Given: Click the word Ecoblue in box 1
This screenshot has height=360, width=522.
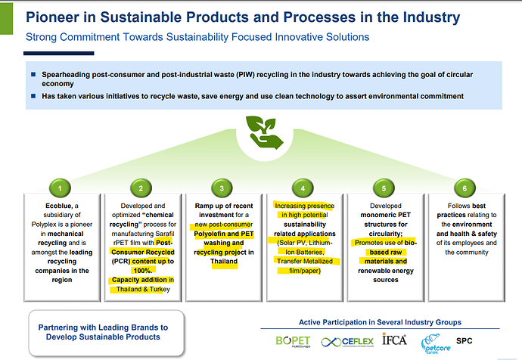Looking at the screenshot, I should coord(39,205).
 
